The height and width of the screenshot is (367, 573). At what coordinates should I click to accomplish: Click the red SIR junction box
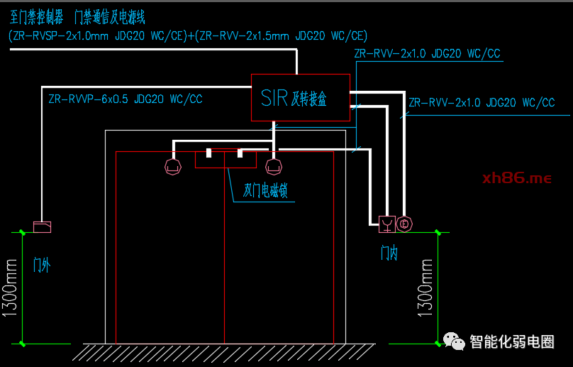pyautogui.click(x=301, y=97)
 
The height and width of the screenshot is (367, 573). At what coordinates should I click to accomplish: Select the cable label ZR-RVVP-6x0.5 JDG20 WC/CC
pyautogui.click(x=126, y=99)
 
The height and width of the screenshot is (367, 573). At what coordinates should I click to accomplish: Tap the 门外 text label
pyautogui.click(x=42, y=265)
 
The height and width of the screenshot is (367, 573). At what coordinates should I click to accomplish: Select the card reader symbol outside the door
pyautogui.click(x=43, y=227)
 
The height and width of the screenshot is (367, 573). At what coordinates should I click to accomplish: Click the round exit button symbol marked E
pyautogui.click(x=404, y=224)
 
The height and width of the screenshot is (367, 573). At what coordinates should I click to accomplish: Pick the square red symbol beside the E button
pyautogui.click(x=386, y=224)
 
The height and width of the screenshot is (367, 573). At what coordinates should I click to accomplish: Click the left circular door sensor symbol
pyautogui.click(x=172, y=167)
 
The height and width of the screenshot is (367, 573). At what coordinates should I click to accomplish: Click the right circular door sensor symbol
pyautogui.click(x=273, y=167)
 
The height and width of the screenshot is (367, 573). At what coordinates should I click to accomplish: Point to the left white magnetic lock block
pyautogui.click(x=209, y=153)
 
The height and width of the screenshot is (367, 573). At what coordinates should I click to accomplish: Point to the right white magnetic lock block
pyautogui.click(x=240, y=153)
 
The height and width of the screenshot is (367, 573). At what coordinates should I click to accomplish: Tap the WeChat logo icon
pyautogui.click(x=454, y=341)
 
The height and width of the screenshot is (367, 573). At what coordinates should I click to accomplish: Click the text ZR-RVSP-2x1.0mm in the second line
pyautogui.click(x=61, y=35)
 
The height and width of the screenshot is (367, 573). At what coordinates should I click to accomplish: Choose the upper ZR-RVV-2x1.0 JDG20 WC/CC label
pyautogui.click(x=428, y=54)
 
